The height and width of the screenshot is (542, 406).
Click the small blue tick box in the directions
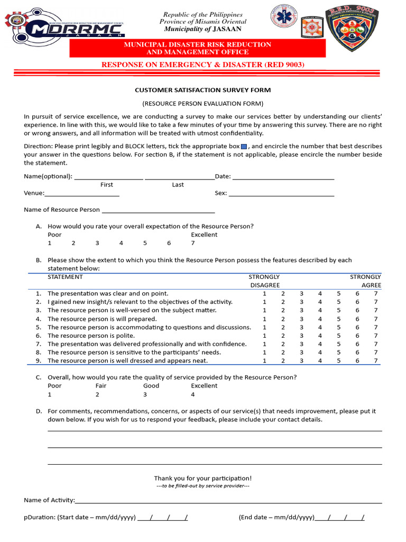244,147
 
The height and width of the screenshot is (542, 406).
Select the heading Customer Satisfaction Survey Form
203,91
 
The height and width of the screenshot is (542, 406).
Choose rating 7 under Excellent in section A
193,243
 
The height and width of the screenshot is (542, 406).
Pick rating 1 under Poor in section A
50,243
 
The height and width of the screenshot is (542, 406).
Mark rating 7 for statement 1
376,294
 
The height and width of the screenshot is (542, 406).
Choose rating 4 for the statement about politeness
320,336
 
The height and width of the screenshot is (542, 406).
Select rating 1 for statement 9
264,361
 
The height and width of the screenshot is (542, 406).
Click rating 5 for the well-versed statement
338,311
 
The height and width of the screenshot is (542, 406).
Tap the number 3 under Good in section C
145,395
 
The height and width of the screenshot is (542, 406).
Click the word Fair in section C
100,386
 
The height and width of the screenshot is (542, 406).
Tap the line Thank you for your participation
203,478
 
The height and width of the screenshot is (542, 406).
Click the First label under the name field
107,185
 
